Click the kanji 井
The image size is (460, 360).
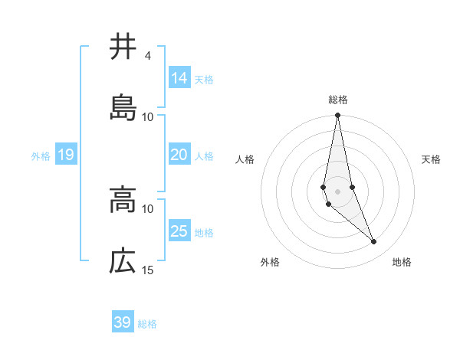(x=123, y=47)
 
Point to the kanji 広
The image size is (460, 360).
(x=123, y=262)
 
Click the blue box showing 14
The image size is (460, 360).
(x=179, y=78)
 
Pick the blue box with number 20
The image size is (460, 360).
(x=179, y=155)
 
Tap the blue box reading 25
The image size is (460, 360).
(x=179, y=231)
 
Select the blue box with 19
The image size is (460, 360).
(x=65, y=155)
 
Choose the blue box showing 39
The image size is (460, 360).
(x=123, y=322)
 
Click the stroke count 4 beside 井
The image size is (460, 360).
(x=147, y=56)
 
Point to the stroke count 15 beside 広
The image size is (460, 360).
(x=148, y=270)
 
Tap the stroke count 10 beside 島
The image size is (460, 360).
(x=148, y=117)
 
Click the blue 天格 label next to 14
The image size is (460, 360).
(x=204, y=79)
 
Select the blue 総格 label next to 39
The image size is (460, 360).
(x=147, y=324)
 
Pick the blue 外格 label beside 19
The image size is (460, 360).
(x=41, y=156)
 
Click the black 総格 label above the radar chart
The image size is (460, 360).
(x=338, y=100)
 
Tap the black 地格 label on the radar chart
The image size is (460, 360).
(x=402, y=262)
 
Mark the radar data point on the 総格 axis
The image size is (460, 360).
(x=338, y=116)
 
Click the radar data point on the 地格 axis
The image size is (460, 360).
(x=374, y=242)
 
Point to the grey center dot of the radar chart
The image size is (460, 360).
(x=338, y=190)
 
